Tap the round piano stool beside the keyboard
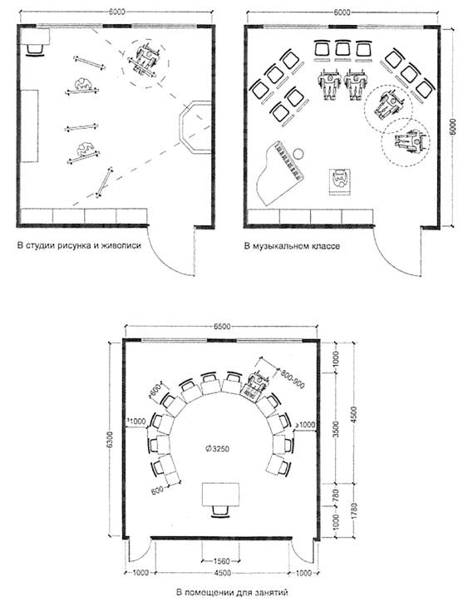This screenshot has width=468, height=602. tap(298, 154)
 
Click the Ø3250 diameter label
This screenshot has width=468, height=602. tap(218, 448)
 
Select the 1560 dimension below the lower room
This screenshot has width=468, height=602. tap(221, 561)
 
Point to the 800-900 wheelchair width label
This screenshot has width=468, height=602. tap(293, 378)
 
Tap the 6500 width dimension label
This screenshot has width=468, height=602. tap(221, 326)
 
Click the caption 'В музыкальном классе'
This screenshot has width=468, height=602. tap(292, 246)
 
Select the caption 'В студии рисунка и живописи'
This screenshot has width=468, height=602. tap(79, 245)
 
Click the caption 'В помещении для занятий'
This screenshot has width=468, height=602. tap(231, 592)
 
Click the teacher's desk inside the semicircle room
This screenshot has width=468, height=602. tap(221, 495)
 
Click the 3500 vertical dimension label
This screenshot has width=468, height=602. tap(336, 429)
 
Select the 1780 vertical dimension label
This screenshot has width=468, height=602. tap(353, 511)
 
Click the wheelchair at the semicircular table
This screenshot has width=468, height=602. tap(255, 385)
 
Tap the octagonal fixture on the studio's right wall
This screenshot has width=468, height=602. tap(195, 127)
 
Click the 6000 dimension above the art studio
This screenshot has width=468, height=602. tap(116, 12)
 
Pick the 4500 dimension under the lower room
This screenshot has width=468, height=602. tap(222, 573)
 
